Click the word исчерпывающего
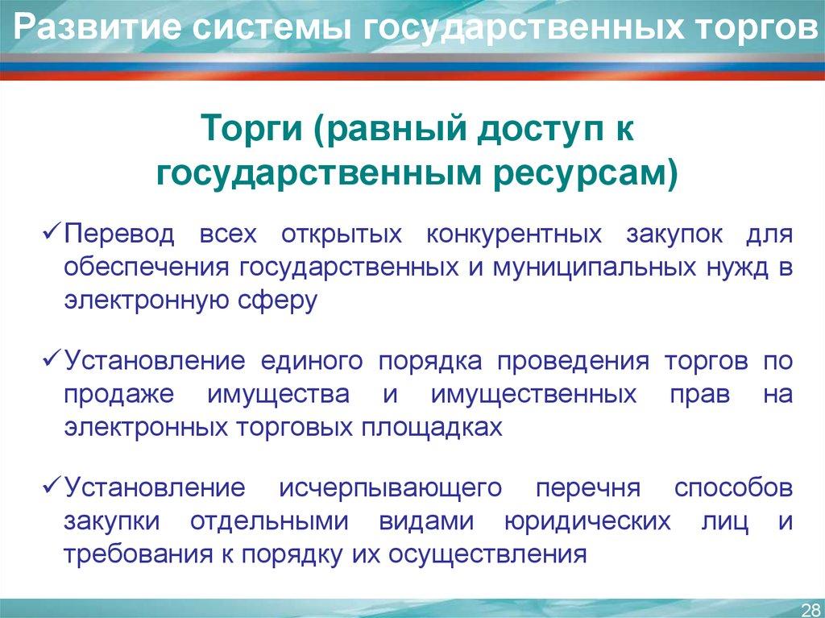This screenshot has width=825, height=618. click(x=391, y=488)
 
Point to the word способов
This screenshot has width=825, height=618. click(x=733, y=488)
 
